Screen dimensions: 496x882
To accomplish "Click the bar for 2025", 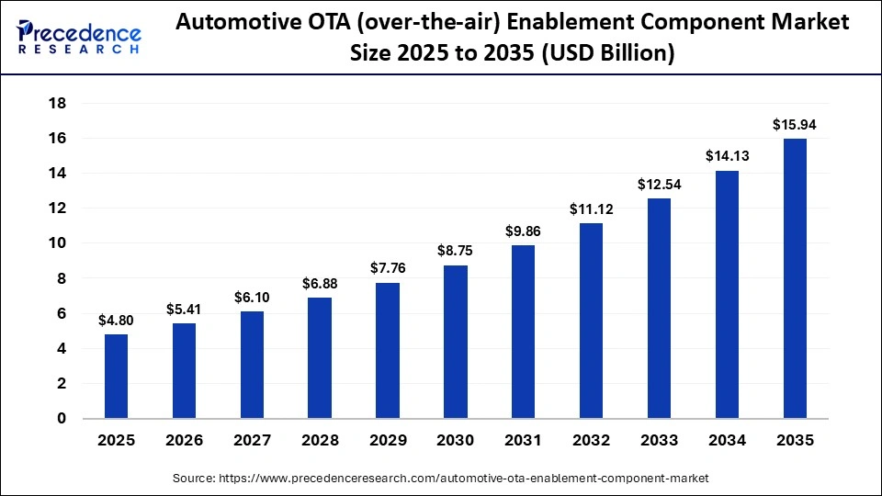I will click(116, 377).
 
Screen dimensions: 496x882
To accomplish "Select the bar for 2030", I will click(456, 342).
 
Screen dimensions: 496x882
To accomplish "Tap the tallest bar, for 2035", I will click(795, 279).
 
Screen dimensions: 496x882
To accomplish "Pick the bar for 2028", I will click(320, 358).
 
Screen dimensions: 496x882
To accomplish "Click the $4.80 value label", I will click(116, 321).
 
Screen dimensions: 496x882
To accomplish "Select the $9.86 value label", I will click(524, 231).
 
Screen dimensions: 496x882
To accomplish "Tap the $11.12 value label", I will click(591, 209).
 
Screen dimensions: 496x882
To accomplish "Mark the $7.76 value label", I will click(388, 268).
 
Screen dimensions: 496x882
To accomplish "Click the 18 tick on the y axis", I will click(56, 103).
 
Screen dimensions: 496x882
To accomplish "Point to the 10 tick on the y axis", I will click(56, 243).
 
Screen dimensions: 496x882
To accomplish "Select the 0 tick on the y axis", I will click(61, 419).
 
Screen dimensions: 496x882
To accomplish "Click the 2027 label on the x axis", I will click(252, 441).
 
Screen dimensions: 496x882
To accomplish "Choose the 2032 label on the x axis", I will click(591, 441).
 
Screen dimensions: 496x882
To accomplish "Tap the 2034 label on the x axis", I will click(727, 441).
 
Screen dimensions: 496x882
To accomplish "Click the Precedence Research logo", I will click(79, 38).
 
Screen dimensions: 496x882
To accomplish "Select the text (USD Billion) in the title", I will click(607, 54).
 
